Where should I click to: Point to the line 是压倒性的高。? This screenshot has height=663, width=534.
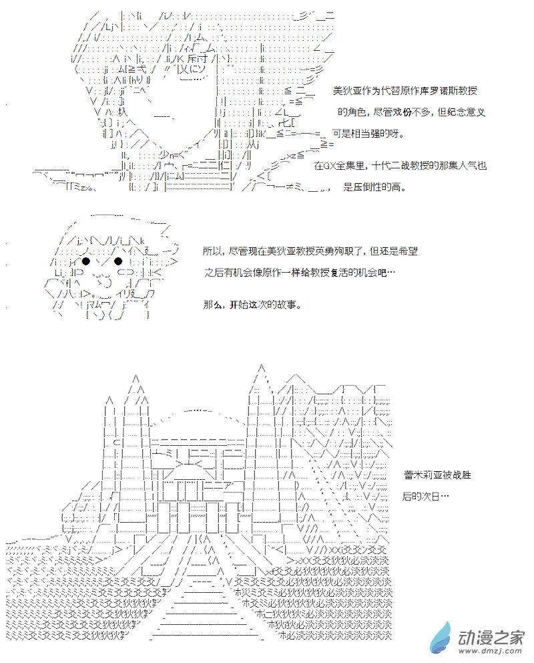374,188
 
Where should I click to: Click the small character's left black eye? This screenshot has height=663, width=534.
86,261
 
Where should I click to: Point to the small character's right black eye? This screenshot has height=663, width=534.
118,261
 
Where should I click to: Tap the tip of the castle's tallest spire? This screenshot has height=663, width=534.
262,366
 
